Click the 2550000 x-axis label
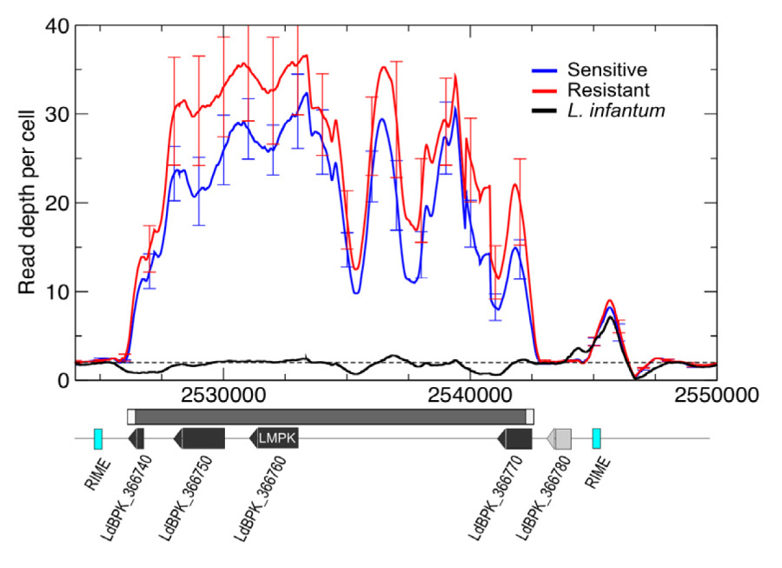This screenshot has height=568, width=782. click(x=716, y=394)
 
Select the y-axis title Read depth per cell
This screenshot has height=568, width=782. click(x=28, y=202)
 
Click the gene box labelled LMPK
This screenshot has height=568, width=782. click(x=275, y=438)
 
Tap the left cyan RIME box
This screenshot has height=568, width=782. click(x=98, y=438)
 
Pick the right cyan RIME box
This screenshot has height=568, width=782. click(x=597, y=438)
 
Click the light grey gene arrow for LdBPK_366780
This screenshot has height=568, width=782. click(x=560, y=438)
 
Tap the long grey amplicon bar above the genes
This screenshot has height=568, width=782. click(x=330, y=416)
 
